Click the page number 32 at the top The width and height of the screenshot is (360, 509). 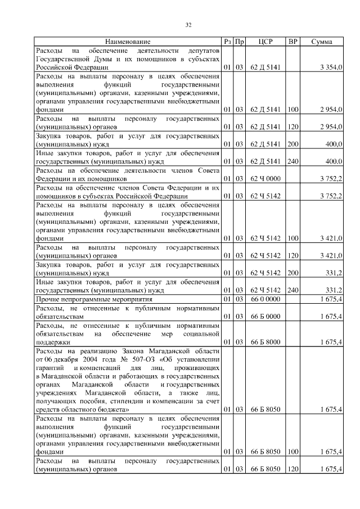pyautogui.click(x=189, y=24)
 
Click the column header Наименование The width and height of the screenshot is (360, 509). pyautogui.click(x=128, y=42)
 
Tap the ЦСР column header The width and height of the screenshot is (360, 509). pyautogui.click(x=265, y=42)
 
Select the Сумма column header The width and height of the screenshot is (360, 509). pyautogui.click(x=321, y=42)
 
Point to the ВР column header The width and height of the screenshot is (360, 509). pyautogui.click(x=292, y=42)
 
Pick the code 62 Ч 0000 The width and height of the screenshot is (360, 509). pyautogui.click(x=265, y=179)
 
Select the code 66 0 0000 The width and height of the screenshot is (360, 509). pyautogui.click(x=265, y=299)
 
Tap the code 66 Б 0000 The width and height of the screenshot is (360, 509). pyautogui.click(x=265, y=317)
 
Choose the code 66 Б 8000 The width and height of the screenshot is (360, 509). pyautogui.click(x=265, y=341)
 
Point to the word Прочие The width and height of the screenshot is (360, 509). pyautogui.click(x=47, y=299)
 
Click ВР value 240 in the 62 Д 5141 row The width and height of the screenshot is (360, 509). pyautogui.click(x=292, y=162)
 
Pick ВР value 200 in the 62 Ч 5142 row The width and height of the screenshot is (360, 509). pyautogui.click(x=292, y=273)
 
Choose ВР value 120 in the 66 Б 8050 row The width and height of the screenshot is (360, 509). pyautogui.click(x=292, y=469)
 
